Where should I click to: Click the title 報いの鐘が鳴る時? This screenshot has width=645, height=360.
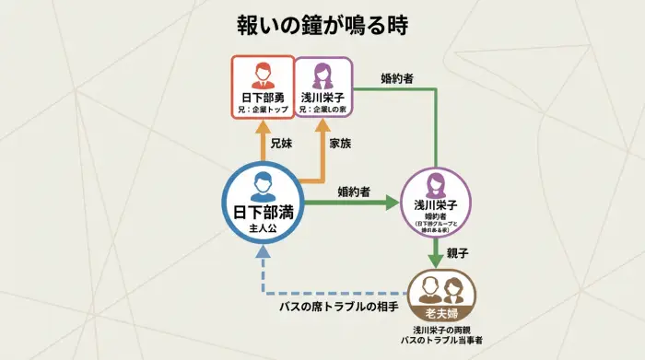[x=322, y=25]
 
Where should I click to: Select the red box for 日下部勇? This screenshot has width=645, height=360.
[x=262, y=87]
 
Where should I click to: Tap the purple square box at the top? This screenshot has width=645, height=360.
[x=322, y=87]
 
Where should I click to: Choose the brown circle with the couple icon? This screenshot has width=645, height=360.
[x=441, y=295]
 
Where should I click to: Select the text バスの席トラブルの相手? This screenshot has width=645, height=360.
[x=339, y=306]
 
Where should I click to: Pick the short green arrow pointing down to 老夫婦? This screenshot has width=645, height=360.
[x=436, y=251]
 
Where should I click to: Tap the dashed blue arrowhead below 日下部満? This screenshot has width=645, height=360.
[x=262, y=251]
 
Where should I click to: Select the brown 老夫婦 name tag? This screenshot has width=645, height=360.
[x=441, y=312]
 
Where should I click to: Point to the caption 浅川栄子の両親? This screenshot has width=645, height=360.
[x=442, y=330]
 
